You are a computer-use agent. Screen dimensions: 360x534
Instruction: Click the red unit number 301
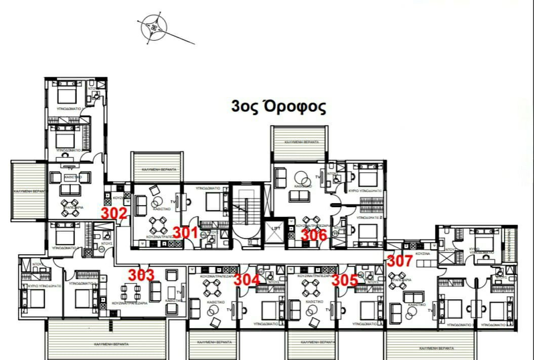(185, 232)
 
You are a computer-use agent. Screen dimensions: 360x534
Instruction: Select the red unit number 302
(114, 213)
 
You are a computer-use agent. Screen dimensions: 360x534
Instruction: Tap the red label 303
(141, 275)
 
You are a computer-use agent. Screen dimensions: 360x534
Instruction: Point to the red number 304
(247, 279)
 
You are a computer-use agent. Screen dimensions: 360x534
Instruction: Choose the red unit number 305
(345, 280)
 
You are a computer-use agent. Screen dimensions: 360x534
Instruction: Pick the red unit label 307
(400, 261)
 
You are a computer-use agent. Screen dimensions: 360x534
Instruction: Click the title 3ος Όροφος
(278, 107)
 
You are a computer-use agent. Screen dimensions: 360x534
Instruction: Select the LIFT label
(275, 229)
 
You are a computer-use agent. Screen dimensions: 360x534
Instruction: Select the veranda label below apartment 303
(111, 344)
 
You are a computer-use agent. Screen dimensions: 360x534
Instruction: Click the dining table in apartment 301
(158, 224)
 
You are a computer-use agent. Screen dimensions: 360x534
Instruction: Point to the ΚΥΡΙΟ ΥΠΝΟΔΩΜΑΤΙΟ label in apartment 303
(40, 286)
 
